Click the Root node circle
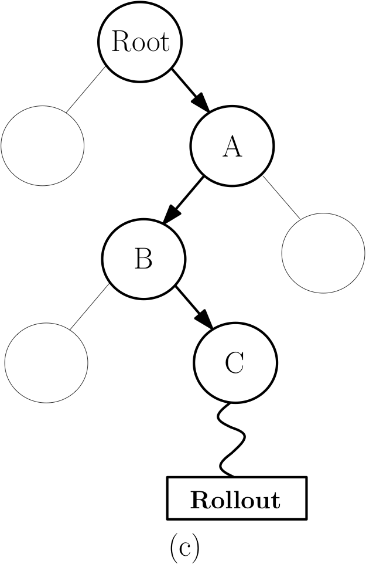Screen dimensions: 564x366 pyautogui.click(x=140, y=43)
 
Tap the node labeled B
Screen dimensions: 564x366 pyautogui.click(x=143, y=259)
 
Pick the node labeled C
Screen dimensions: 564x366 pyautogui.click(x=234, y=363)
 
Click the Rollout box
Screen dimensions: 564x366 pyautogui.click(x=237, y=498)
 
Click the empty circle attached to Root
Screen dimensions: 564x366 pyautogui.click(x=42, y=145)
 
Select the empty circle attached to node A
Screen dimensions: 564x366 pyautogui.click(x=323, y=253)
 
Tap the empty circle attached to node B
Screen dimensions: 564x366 pyautogui.click(x=46, y=362)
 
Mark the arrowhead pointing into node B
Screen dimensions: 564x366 pyautogui.click(x=171, y=215)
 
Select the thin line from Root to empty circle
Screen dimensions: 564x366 pyautogui.click(x=86, y=89)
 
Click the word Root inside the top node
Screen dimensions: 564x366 pyautogui.click(x=140, y=43)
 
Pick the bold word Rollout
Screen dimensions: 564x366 pyautogui.click(x=235, y=500)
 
